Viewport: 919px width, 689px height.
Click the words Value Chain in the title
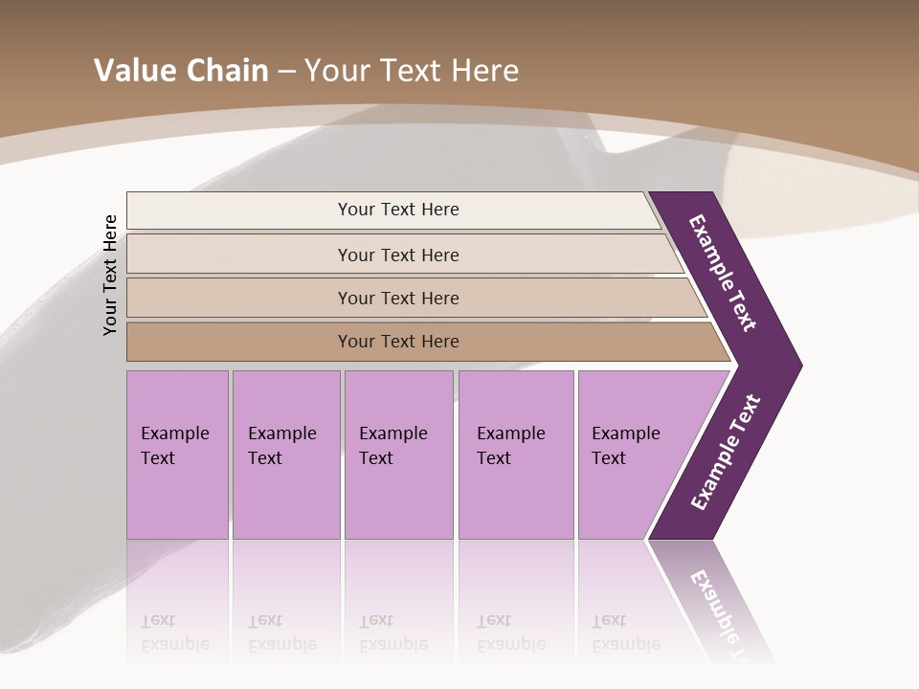(181, 71)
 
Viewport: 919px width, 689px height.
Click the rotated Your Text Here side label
(111, 275)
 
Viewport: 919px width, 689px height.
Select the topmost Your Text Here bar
(397, 210)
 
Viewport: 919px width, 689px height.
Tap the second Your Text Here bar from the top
(397, 255)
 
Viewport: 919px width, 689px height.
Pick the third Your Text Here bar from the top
(397, 298)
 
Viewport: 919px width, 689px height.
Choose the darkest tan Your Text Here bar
(397, 342)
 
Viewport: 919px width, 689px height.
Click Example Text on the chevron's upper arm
(724, 273)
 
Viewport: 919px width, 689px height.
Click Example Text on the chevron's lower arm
(727, 452)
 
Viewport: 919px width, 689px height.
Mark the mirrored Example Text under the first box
(174, 633)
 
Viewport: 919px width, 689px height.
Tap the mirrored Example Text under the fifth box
(625, 633)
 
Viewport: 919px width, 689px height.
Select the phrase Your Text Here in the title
(412, 71)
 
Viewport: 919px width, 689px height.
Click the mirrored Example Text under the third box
(392, 633)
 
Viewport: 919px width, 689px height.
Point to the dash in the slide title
(286, 72)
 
